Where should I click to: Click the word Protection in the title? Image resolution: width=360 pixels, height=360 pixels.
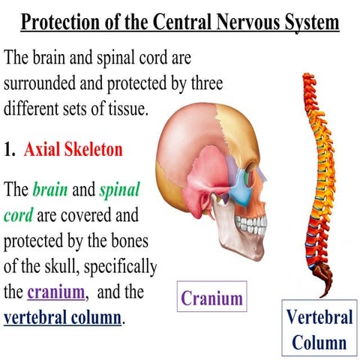click(x=61, y=22)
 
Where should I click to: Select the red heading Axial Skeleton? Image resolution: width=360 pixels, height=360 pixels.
click(x=73, y=149)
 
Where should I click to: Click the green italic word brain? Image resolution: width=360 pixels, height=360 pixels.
click(x=50, y=189)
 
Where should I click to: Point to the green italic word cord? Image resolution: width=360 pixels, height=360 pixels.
click(x=18, y=215)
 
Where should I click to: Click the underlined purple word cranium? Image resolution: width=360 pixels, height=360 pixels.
click(x=56, y=292)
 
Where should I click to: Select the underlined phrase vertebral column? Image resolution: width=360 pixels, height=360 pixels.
click(x=62, y=317)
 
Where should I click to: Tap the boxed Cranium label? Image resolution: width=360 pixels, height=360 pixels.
click(x=212, y=296)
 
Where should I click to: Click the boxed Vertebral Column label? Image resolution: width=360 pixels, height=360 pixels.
click(x=319, y=328)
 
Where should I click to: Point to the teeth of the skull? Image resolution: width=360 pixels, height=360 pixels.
click(x=250, y=225)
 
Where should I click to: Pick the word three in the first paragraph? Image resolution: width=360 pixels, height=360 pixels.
click(x=207, y=83)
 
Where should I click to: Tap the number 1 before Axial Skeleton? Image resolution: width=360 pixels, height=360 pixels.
click(x=9, y=150)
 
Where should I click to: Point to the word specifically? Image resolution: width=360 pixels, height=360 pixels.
click(x=120, y=267)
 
